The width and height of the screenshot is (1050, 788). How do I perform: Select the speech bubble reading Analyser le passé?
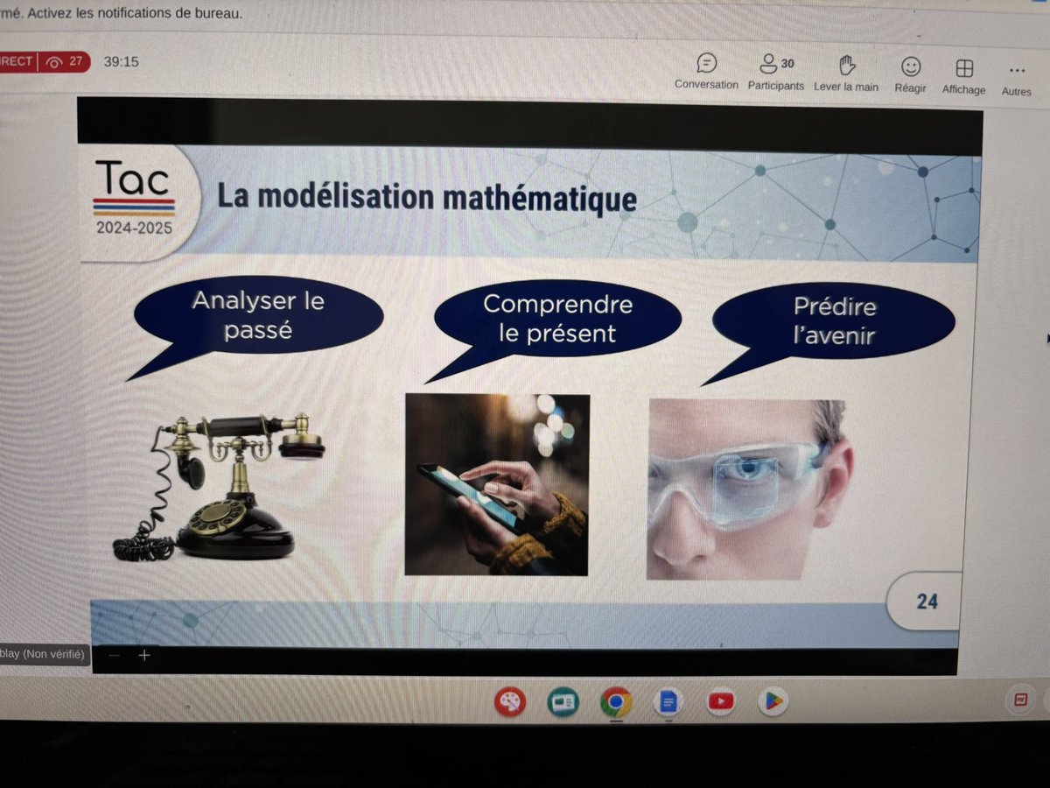pyautogui.click(x=257, y=316)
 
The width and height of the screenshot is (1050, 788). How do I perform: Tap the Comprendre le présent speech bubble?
pyautogui.click(x=557, y=319)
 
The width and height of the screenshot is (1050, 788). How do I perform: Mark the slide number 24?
pyautogui.click(x=927, y=602)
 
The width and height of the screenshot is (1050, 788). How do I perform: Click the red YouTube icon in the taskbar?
pyautogui.click(x=721, y=700)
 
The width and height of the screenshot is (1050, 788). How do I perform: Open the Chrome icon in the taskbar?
pyautogui.click(x=616, y=701)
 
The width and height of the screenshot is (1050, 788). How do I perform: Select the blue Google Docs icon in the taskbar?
pyautogui.click(x=668, y=701)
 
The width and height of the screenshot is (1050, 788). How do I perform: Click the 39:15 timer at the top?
pyautogui.click(x=121, y=62)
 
